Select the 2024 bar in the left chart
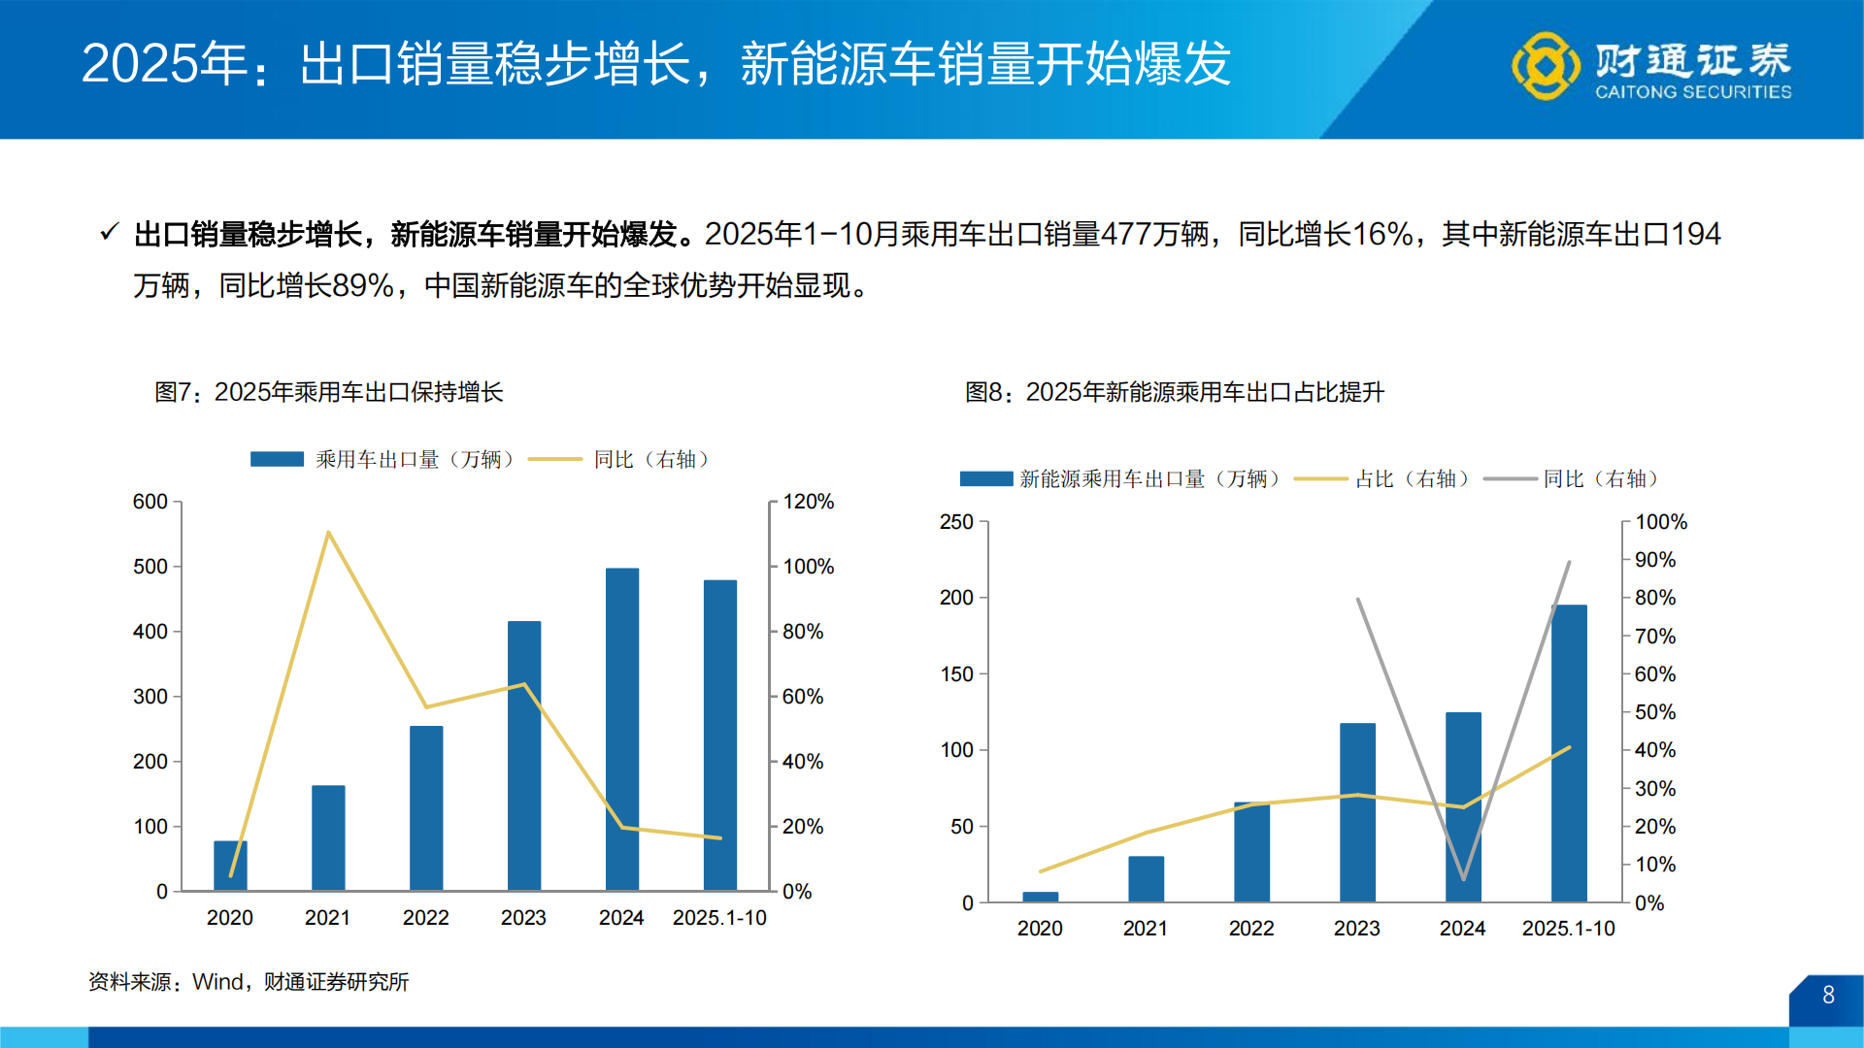click(x=622, y=728)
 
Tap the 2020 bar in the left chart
click(x=230, y=865)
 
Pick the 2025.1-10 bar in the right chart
click(x=1569, y=752)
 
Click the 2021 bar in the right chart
click(x=1146, y=878)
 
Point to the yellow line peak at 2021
click(x=328, y=532)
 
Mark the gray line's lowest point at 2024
click(x=1463, y=878)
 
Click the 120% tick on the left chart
click(x=808, y=502)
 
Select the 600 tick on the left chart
click(x=150, y=502)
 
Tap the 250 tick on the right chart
click(x=956, y=522)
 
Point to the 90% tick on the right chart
click(x=1654, y=560)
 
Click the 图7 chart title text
click(x=328, y=392)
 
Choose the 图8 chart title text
click(x=1174, y=392)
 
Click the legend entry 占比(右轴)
click(x=1412, y=478)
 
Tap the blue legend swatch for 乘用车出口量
click(x=277, y=459)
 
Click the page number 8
click(x=1828, y=995)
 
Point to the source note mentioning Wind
click(x=249, y=982)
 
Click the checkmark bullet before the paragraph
click(x=109, y=233)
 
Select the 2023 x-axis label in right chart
click(x=1356, y=928)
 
